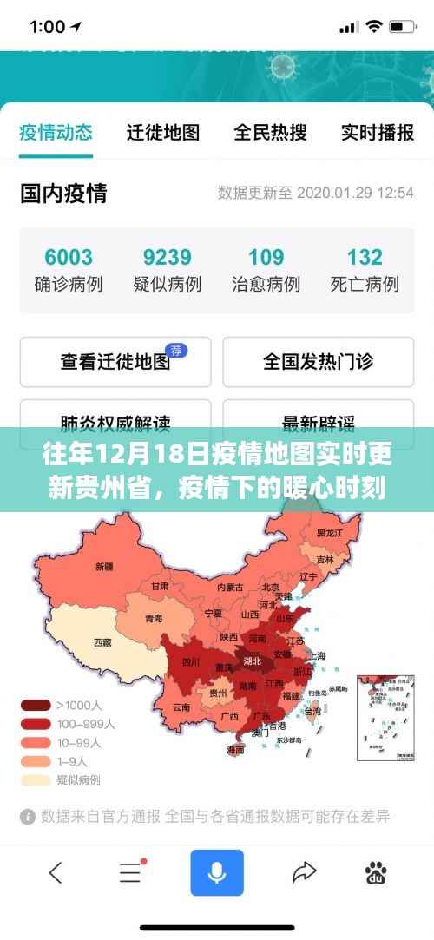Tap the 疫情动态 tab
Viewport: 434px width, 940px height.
[x=56, y=132]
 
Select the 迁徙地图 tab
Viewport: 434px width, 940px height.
[x=163, y=132]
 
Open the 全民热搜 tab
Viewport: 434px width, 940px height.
[x=270, y=132]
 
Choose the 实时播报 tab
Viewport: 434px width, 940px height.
[x=377, y=132]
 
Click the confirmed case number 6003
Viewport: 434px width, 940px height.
[x=69, y=257]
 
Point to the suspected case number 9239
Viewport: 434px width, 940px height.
[x=167, y=257]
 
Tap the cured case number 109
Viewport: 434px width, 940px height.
[x=266, y=257]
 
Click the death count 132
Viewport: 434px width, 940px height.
[x=365, y=257]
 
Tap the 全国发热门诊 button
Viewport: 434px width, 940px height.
[x=318, y=361]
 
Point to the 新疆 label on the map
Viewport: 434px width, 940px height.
[x=104, y=567]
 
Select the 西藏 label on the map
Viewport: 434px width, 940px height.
[x=102, y=643]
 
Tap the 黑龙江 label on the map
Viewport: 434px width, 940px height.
[x=330, y=532]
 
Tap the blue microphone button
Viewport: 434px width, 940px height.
[x=217, y=872]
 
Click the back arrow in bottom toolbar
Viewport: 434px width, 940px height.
[x=56, y=872]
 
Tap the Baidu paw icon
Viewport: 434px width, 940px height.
[x=376, y=872]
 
